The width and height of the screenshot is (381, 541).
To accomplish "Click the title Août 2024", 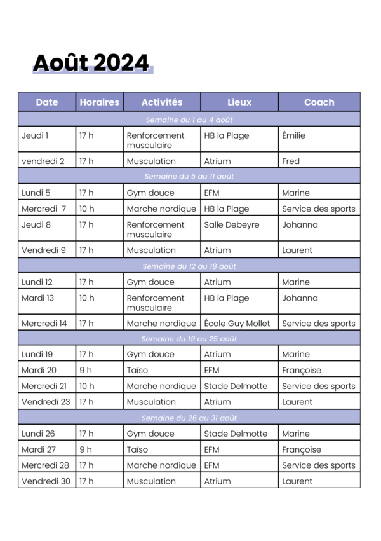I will point(91,63).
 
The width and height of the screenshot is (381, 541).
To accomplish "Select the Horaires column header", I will point(99,102).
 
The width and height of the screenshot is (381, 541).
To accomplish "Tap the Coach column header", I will point(319,102).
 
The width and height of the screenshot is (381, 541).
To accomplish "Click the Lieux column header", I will point(239,102).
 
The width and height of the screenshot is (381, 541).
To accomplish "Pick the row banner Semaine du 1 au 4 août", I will point(189,120).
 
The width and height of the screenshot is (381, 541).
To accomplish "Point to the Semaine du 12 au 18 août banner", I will point(189,266).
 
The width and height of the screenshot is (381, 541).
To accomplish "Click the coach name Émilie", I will point(293,135).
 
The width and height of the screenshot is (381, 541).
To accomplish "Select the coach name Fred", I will point(291,161).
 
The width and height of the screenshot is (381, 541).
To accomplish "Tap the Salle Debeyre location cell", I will point(232,224).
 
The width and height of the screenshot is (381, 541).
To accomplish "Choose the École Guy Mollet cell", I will point(237,323).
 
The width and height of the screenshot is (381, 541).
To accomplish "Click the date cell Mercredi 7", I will point(44,209).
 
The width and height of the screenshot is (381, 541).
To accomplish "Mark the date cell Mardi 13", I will point(38,298).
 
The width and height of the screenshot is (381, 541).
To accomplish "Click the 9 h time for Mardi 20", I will point(86,370).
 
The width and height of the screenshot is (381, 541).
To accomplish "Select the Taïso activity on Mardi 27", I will point(137,449).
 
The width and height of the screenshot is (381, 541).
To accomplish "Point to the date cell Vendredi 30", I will point(46,481).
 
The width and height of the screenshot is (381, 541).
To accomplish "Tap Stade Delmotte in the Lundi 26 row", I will point(236,434).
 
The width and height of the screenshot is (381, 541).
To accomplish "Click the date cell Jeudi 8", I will point(36,224).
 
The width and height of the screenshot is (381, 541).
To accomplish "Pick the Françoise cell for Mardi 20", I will point(302,370).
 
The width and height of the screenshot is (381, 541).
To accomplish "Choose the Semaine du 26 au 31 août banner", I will point(189,418).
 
